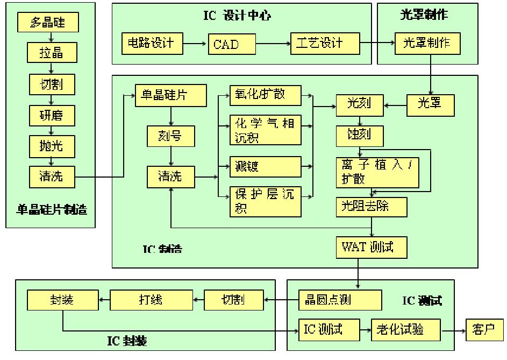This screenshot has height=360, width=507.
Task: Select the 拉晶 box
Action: (x=52, y=53)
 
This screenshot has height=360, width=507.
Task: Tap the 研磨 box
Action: (x=52, y=115)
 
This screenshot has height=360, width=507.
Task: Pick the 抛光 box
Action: (x=52, y=146)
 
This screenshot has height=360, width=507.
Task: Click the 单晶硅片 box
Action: (x=170, y=95)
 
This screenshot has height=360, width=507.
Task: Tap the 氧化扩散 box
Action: (x=265, y=95)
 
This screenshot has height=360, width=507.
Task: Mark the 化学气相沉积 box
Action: (x=265, y=130)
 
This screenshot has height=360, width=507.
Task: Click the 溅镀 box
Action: (x=265, y=166)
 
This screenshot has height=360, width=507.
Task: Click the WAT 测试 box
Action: (x=372, y=247)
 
